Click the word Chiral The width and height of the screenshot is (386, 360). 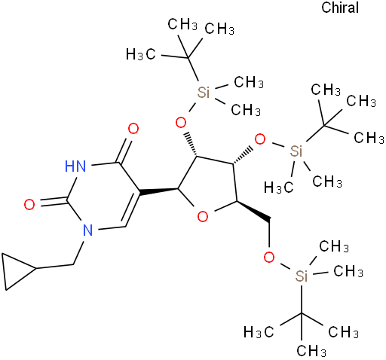pyautogui.click(x=340, y=8)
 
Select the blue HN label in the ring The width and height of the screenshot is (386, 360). pyautogui.click(x=75, y=166)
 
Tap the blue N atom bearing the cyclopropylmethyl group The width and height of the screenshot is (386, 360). pyautogui.click(x=87, y=230)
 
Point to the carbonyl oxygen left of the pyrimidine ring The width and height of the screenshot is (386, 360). pyautogui.click(x=29, y=204)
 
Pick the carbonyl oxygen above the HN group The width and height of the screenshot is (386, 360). pyautogui.click(x=133, y=129)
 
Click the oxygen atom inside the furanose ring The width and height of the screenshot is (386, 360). pyautogui.click(x=203, y=216)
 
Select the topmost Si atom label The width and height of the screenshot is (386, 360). pyautogui.click(x=204, y=92)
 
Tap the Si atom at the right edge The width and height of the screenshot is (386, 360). pyautogui.click(x=296, y=151)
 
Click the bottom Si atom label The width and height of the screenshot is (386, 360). pyautogui.click(x=302, y=276)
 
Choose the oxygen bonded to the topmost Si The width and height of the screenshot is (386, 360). pyautogui.click(x=181, y=123)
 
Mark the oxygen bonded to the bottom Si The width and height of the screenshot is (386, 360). pyautogui.click(x=269, y=257)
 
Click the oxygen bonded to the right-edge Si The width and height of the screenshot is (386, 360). pyautogui.click(x=260, y=139)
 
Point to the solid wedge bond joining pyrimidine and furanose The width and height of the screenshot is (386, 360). pyautogui.click(x=158, y=191)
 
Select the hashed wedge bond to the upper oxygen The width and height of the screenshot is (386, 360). pyautogui.click(x=191, y=144)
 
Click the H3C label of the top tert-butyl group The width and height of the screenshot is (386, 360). pyautogui.click(x=141, y=54)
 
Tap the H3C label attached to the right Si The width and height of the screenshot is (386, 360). pyautogui.click(x=278, y=188)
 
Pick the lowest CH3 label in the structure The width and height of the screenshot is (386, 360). pyautogui.click(x=311, y=350)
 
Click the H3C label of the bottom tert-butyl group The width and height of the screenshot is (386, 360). pyautogui.click(x=259, y=332)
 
